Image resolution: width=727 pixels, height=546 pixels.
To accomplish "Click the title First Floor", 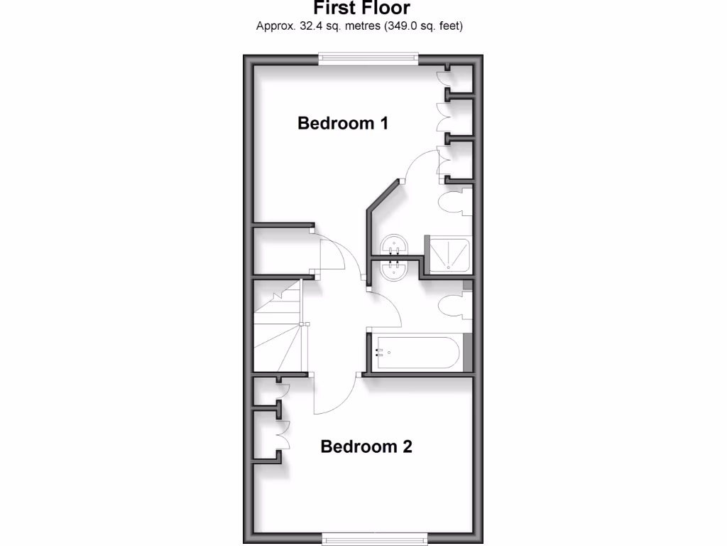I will pyautogui.click(x=362, y=9).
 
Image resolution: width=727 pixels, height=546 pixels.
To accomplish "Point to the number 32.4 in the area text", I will pyautogui.click(x=305, y=27).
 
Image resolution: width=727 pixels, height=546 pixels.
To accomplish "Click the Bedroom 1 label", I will pyautogui.click(x=343, y=123).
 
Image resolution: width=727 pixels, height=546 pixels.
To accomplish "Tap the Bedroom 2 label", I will pyautogui.click(x=366, y=446).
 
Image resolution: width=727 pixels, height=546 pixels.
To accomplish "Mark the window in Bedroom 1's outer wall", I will pyautogui.click(x=366, y=59).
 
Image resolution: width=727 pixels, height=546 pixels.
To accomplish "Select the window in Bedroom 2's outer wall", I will pyautogui.click(x=375, y=537).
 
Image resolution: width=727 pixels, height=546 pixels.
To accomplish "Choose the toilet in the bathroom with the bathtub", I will pyautogui.click(x=454, y=306).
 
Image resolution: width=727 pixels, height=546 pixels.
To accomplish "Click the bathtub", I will pyautogui.click(x=419, y=352).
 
